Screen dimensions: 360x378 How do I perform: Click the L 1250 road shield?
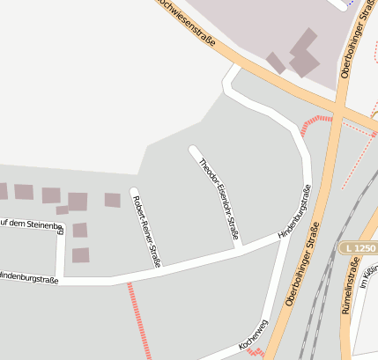tap(358, 250)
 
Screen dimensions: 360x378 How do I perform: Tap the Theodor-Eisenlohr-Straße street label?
tap(219, 197)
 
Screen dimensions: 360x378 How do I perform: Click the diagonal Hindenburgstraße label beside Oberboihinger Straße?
tap(294, 214)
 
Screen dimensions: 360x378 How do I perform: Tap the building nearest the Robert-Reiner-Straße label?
tap(112, 200)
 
